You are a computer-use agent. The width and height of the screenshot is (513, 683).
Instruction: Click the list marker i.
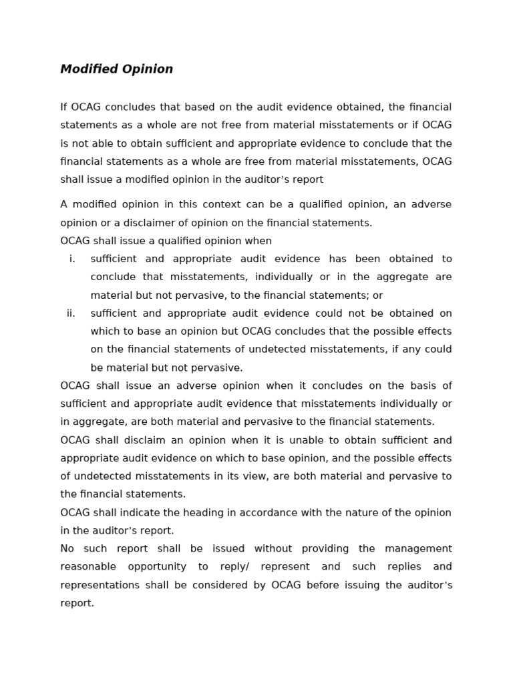[72, 259]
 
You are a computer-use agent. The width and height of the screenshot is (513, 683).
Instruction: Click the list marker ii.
[71, 313]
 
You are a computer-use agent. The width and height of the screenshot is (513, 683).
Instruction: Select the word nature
[368, 512]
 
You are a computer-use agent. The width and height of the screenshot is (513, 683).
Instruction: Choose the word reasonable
[88, 567]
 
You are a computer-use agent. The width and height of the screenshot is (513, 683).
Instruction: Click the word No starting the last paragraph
[67, 549]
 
